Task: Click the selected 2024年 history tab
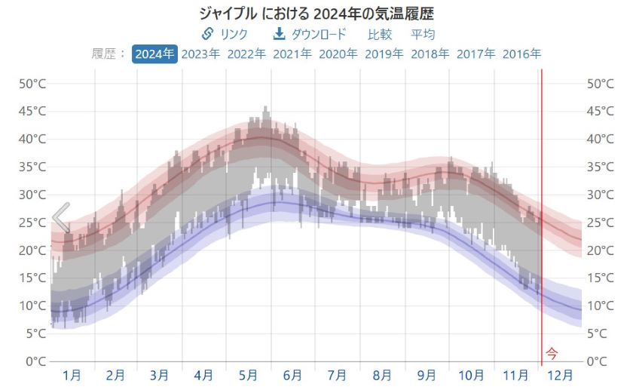(x=154, y=54)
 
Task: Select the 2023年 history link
(x=200, y=54)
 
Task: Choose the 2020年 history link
(x=338, y=54)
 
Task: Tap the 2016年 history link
(x=521, y=54)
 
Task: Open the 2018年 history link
(x=430, y=54)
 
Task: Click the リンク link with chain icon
(x=225, y=34)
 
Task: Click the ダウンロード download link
(x=309, y=34)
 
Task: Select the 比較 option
(x=380, y=34)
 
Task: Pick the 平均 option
(x=423, y=34)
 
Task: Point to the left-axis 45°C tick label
(x=31, y=111)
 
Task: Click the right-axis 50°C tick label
(x=601, y=83)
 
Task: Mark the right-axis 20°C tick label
(x=601, y=250)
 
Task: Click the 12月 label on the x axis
(x=559, y=375)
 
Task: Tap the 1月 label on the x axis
(x=72, y=375)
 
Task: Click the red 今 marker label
(x=552, y=352)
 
